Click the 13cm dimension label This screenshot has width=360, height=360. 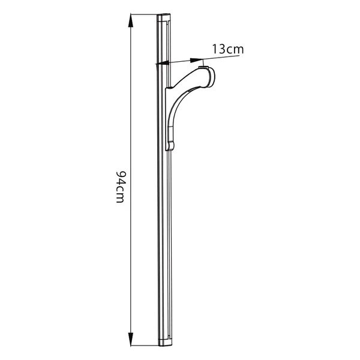[227, 49]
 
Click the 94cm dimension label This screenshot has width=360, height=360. [120, 187]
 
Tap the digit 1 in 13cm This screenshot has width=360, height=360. [215, 49]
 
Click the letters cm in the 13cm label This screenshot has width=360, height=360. [234, 50]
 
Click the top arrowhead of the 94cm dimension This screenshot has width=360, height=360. [131, 21]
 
